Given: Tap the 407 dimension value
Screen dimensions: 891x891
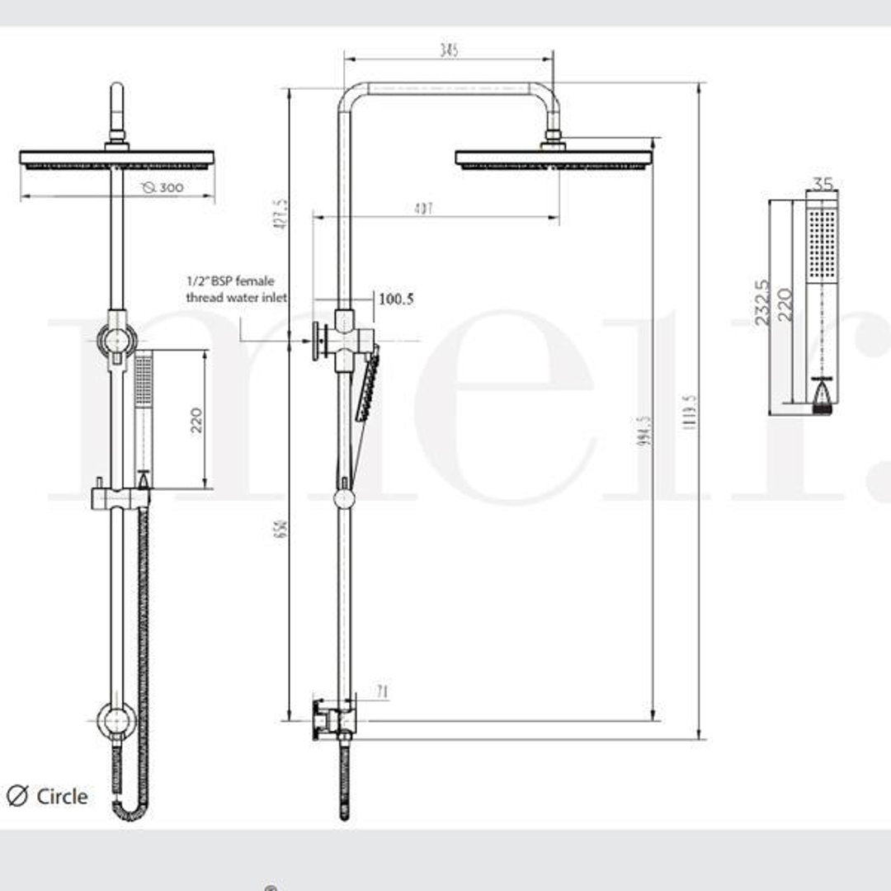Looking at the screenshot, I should [423, 209].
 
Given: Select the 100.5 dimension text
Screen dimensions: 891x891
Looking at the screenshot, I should [395, 299].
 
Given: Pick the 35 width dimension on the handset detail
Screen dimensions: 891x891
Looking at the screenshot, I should [822, 183].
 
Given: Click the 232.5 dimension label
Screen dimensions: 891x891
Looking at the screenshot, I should [762, 301].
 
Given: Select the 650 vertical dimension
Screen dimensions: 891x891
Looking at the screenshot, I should [281, 528].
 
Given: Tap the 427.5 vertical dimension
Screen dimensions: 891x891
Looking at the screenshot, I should [281, 213].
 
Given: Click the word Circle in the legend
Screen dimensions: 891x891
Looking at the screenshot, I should [62, 796].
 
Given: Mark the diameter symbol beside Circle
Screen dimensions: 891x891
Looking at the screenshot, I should [16, 796].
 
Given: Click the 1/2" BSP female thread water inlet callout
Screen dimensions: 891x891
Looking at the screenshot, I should [236, 290].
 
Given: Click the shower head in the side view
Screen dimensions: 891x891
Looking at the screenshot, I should [554, 158].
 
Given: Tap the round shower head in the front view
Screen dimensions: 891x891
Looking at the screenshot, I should [116, 158].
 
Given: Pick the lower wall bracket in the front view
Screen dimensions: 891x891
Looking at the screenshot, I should [115, 720].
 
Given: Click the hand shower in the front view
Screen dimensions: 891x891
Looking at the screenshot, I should [144, 412].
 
